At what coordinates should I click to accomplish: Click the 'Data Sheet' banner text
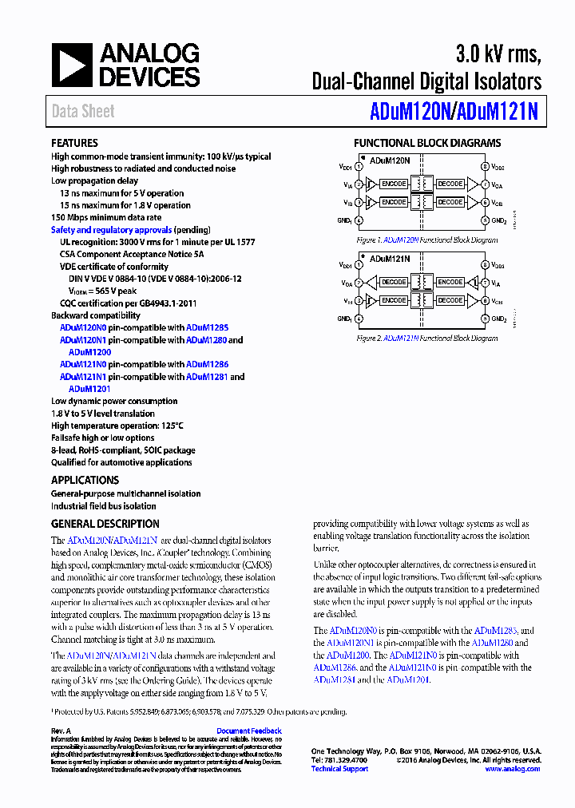[x=83, y=112]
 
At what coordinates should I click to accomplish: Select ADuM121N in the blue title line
[x=497, y=113]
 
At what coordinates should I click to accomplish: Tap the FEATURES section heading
[x=74, y=143]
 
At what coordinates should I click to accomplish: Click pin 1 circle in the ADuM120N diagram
[x=359, y=167]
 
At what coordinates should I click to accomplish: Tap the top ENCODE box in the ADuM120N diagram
[x=394, y=184]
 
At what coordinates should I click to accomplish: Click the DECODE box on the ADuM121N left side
[x=394, y=282]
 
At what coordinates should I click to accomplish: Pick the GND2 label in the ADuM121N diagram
[x=498, y=319]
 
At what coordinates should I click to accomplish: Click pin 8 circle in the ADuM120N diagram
[x=484, y=167]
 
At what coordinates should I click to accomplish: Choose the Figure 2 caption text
[x=427, y=339]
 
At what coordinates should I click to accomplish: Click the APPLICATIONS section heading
[x=85, y=480]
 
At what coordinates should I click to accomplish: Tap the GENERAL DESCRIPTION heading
[x=105, y=524]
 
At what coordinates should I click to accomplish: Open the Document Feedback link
[x=248, y=731]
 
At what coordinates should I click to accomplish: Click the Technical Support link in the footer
[x=339, y=769]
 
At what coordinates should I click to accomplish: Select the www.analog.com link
[x=512, y=769]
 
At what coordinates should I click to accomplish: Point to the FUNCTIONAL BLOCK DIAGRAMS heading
[x=427, y=143]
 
